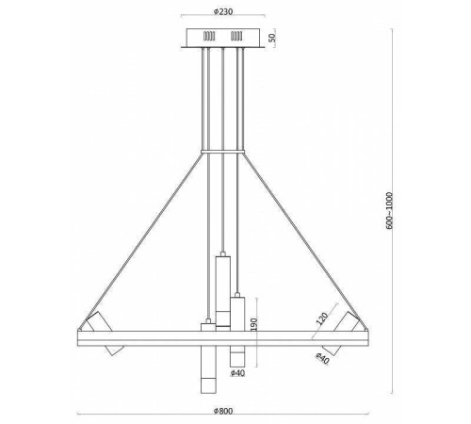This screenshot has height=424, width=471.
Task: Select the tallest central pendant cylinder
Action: coord(222,288)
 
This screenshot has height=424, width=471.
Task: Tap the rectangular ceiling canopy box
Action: coord(223,38)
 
